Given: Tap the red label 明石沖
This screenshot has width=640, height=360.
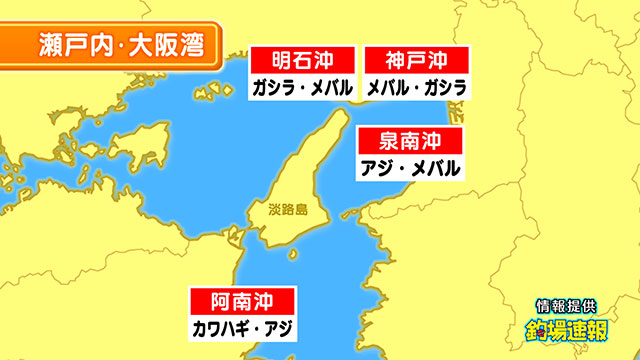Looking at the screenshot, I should pos(301,60).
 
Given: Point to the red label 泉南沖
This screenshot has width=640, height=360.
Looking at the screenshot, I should pos(409,141).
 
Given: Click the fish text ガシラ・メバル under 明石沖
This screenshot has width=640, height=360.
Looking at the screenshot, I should pos(301,87).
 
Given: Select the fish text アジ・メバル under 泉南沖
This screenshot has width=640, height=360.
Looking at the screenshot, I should pos(409,167).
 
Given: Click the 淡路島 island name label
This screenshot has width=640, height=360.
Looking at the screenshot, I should pos(287,211).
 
